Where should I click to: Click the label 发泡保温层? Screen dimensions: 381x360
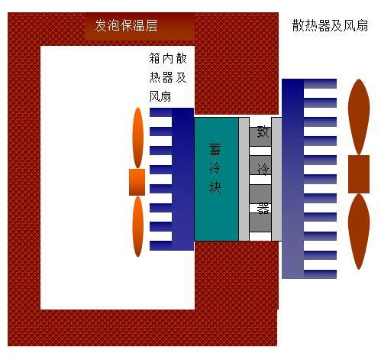click(126, 25)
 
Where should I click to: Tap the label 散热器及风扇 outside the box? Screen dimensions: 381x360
click(330, 25)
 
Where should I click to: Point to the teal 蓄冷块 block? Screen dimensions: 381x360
click(217, 179)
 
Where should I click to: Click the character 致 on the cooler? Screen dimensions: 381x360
click(263, 131)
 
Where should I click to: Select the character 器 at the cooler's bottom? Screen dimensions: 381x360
click(263, 208)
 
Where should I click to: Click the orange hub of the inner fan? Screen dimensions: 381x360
click(137, 182)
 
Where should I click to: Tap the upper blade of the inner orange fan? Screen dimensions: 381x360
click(138, 138)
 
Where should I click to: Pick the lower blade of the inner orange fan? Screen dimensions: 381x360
click(138, 226)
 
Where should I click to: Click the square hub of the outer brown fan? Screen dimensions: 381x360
click(359, 174)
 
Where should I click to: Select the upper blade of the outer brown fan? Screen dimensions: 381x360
click(359, 117)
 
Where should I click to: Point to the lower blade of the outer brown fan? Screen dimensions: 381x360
click(359, 232)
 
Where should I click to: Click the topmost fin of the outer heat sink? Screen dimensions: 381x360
click(320, 84)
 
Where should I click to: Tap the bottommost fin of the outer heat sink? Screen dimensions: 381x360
click(320, 274)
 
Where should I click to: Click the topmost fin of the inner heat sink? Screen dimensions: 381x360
click(161, 112)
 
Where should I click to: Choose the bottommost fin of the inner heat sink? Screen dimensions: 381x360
click(161, 246)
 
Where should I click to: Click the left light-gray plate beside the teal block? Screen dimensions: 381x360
click(244, 179)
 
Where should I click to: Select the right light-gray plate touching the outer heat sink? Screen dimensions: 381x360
click(276, 179)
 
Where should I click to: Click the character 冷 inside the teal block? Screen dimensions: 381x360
click(215, 168)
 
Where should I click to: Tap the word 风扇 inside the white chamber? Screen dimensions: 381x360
click(160, 96)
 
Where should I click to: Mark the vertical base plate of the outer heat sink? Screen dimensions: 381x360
click(293, 179)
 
